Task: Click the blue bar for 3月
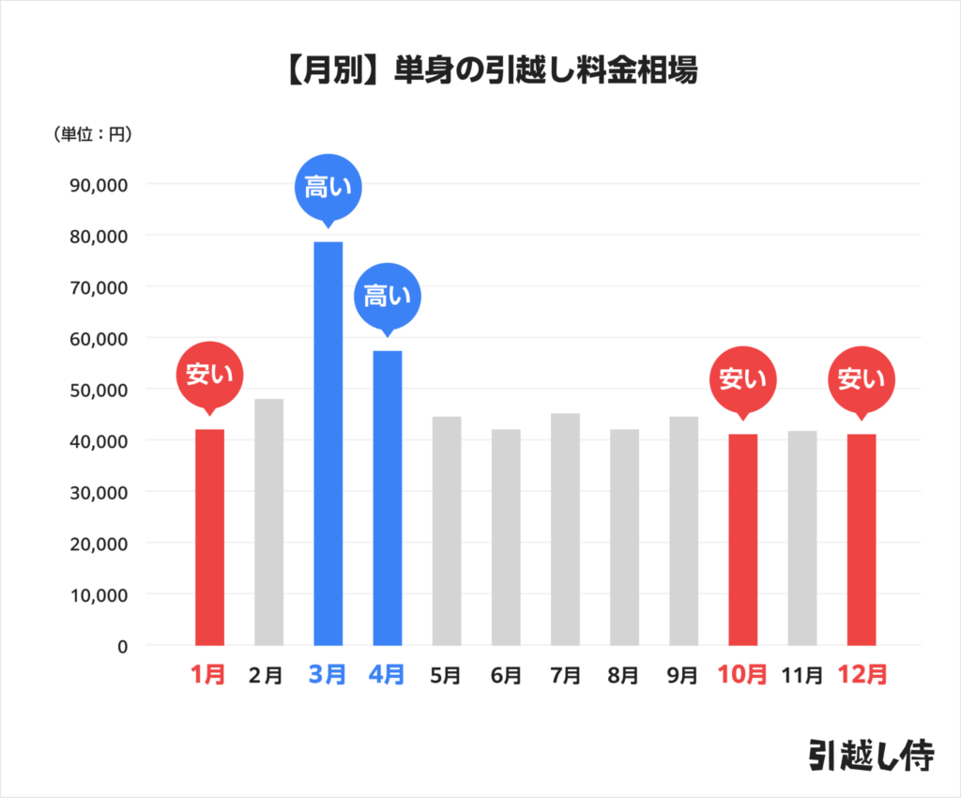pyautogui.click(x=328, y=443)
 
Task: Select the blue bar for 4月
pyautogui.click(x=387, y=498)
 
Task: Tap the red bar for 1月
pyautogui.click(x=209, y=537)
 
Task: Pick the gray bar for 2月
pyautogui.click(x=268, y=522)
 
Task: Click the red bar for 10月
pyautogui.click(x=742, y=539)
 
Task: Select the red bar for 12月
pyautogui.click(x=861, y=539)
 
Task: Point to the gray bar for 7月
pyautogui.click(x=565, y=529)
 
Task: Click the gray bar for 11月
pyautogui.click(x=801, y=538)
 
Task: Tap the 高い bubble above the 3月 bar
pyautogui.click(x=328, y=187)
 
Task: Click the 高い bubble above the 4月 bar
pyautogui.click(x=387, y=297)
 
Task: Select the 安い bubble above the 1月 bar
pyautogui.click(x=209, y=375)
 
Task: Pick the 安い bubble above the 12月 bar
pyautogui.click(x=861, y=379)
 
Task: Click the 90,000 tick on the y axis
pyautogui.click(x=99, y=184)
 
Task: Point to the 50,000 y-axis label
pyautogui.click(x=99, y=390)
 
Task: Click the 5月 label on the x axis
pyautogui.click(x=446, y=675)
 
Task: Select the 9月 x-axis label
pyautogui.click(x=682, y=675)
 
